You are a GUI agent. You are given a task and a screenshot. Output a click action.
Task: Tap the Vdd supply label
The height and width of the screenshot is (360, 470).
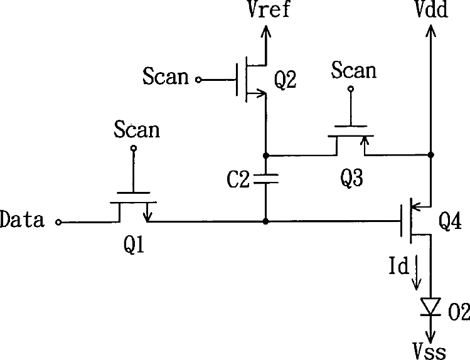[x=431, y=11]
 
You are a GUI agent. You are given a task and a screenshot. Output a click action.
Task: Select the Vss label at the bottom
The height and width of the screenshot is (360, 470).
[x=430, y=350]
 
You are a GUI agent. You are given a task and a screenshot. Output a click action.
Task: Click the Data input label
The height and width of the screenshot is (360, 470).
[x=23, y=220]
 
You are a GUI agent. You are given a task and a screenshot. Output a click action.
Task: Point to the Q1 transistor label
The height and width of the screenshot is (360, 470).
[x=134, y=246]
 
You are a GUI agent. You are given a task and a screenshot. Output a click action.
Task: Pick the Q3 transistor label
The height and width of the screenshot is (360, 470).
[x=352, y=180]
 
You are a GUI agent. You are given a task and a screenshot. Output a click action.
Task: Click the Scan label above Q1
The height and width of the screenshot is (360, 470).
[x=137, y=130]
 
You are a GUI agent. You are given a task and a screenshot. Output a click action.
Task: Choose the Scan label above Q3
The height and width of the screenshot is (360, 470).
[x=354, y=70]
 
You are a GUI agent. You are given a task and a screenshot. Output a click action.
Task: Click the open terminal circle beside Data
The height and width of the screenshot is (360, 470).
[x=59, y=221]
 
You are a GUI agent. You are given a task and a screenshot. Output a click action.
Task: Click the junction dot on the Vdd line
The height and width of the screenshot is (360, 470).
[x=431, y=154]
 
